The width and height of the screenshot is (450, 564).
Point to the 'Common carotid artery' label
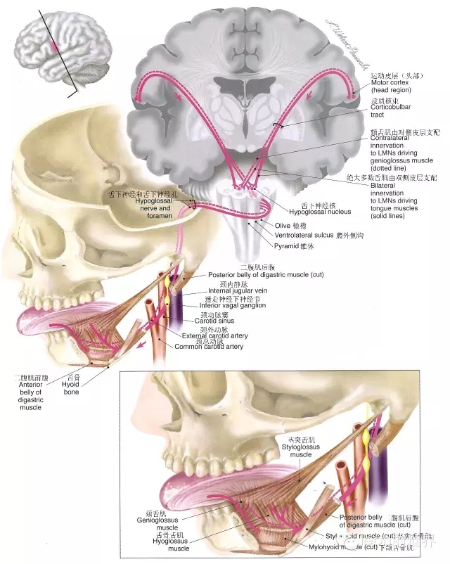(x=209, y=347)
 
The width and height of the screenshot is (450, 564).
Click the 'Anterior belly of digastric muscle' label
(x=30, y=395)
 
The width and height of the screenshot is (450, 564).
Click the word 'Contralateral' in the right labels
(x=394, y=139)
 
